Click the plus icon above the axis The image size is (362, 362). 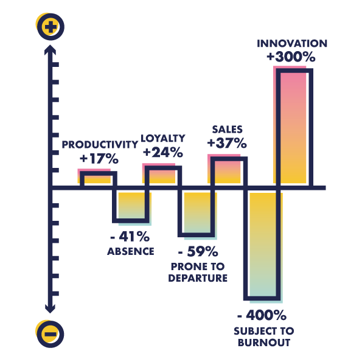tap(50, 27)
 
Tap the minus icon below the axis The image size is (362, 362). tap(50, 334)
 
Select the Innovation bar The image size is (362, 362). tap(293, 127)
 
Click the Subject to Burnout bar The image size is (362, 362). tap(263, 245)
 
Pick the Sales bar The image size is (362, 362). tap(228, 170)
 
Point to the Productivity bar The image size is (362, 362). tap(97, 177)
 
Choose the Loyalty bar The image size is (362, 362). tap(162, 175)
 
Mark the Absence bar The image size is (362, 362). tap(132, 207)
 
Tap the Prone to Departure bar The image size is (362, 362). tap(197, 214)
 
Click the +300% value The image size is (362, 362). tap(291, 57)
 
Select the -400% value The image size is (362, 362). tap(262, 315)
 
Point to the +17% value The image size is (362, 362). tap(99, 159)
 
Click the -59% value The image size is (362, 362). tap(198, 251)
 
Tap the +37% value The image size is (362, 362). tap(227, 143)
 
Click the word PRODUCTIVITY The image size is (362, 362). tap(100, 145)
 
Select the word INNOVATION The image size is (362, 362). tap(292, 43)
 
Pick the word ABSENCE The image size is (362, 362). tap(131, 251)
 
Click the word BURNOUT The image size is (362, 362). tap(264, 343)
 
